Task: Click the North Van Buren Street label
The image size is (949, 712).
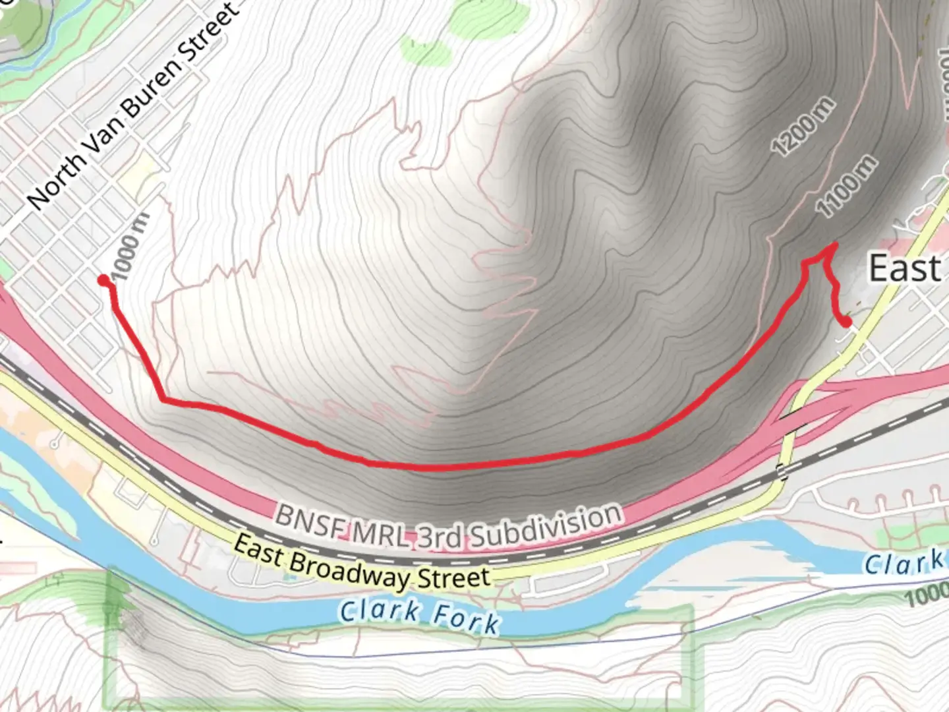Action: [x=132, y=105]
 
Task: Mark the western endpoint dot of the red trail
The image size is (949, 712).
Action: [x=103, y=280]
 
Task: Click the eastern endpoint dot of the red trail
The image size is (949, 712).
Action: [x=846, y=322]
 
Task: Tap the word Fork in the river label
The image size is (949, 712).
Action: [x=465, y=619]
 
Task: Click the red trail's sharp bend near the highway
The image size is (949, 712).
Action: [x=163, y=399]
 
